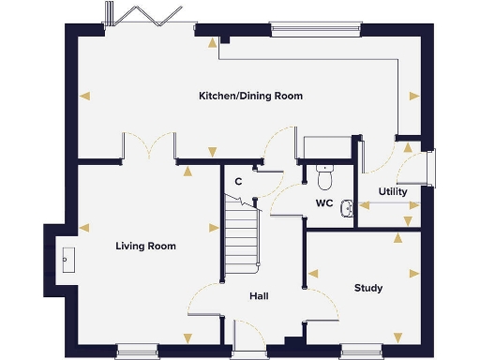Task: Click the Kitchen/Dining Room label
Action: pyautogui.click(x=250, y=96)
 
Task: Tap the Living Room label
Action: pyautogui.click(x=145, y=246)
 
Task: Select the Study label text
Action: pyautogui.click(x=368, y=288)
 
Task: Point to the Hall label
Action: pyautogui.click(x=260, y=296)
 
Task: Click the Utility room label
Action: pyautogui.click(x=393, y=191)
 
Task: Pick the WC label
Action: pyautogui.click(x=324, y=202)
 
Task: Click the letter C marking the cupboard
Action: pyautogui.click(x=239, y=180)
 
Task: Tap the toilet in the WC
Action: pyautogui.click(x=325, y=175)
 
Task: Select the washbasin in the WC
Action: pyautogui.click(x=348, y=208)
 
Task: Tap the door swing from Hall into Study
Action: pyautogui.click(x=322, y=302)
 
